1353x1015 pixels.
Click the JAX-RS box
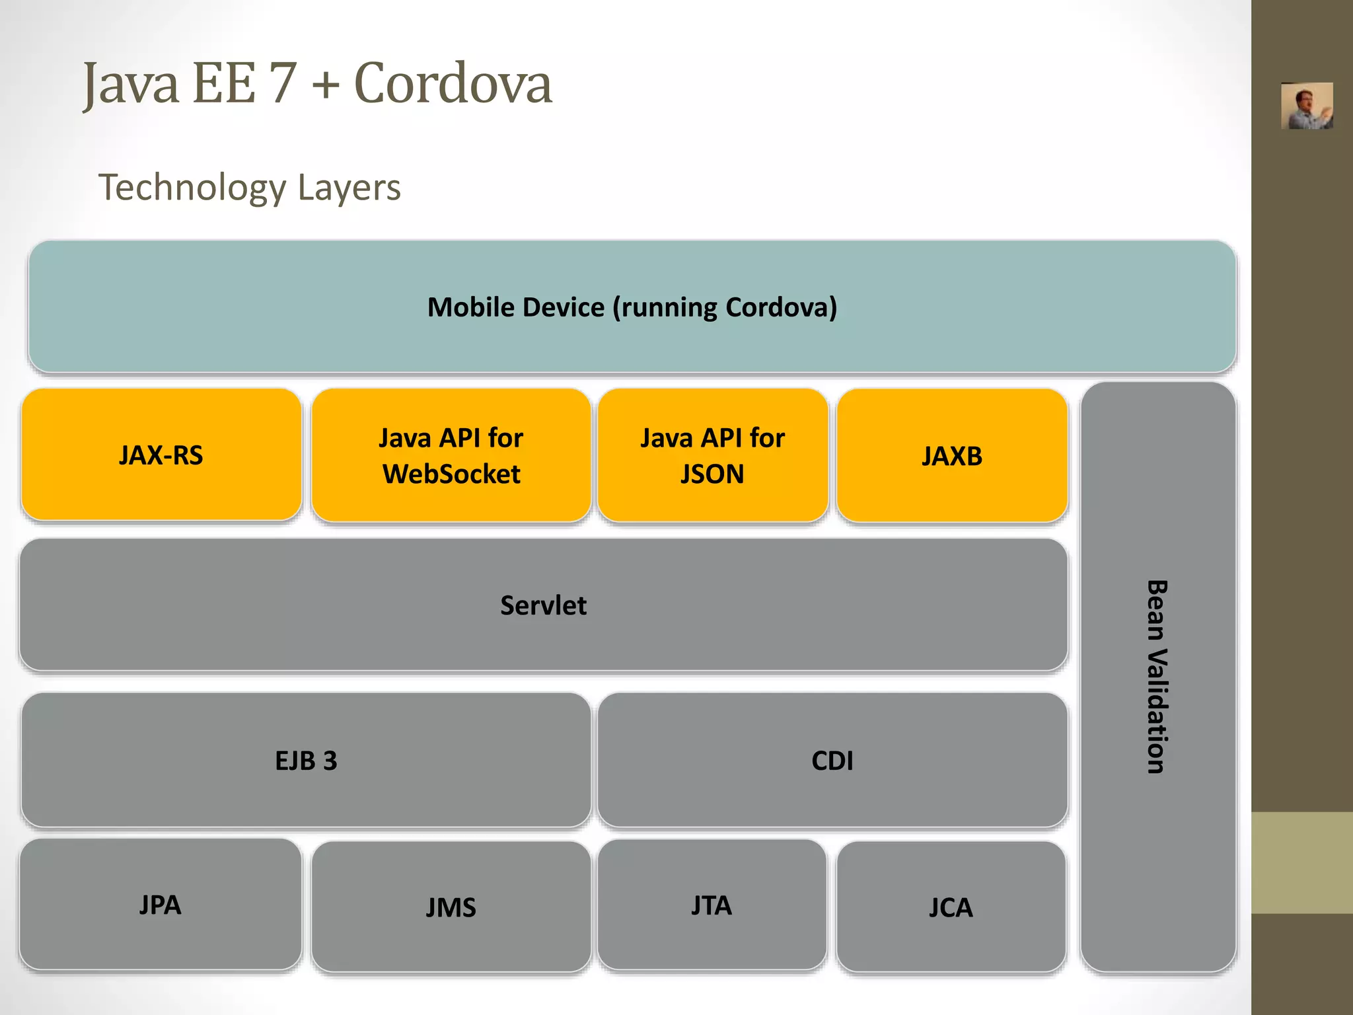[161, 455]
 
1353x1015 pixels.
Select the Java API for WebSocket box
[451, 455]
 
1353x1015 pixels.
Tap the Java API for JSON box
[713, 455]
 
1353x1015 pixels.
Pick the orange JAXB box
[952, 456]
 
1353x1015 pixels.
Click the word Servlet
[543, 605]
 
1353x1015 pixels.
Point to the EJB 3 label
[306, 761]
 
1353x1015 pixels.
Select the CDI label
[832, 761]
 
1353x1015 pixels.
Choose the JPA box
[161, 905]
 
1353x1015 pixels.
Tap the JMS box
[451, 907]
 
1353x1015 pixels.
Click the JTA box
[712, 905]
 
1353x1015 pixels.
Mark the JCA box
[951, 907]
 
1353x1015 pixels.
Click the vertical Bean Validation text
[1157, 677]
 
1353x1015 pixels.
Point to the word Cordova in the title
[453, 84]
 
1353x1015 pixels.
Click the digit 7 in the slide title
[283, 84]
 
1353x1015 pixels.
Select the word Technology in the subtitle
[192, 188]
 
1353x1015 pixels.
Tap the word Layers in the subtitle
[349, 188]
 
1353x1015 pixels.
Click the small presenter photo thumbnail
[1306, 106]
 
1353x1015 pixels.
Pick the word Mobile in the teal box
[468, 307]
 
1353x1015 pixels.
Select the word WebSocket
[451, 474]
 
